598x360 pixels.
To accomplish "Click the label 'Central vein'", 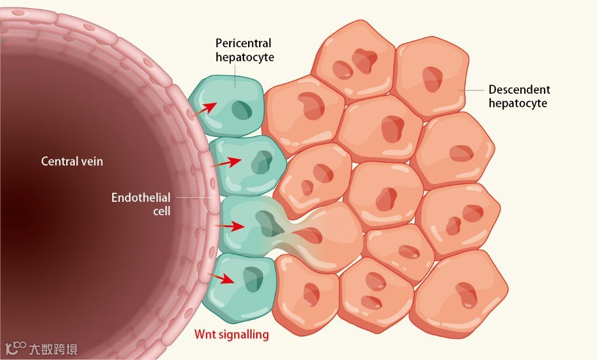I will [x=72, y=162].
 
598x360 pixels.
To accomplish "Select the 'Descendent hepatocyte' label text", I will [x=519, y=97].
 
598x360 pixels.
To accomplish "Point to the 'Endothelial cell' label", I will [x=140, y=204].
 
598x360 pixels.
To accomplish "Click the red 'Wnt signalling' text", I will [x=231, y=334].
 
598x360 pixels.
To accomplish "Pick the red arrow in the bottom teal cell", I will [x=222, y=279].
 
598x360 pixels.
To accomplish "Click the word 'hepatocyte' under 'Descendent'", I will [x=517, y=104].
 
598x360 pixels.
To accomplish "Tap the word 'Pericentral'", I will [x=243, y=43].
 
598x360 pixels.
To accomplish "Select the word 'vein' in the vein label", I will [x=92, y=162].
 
